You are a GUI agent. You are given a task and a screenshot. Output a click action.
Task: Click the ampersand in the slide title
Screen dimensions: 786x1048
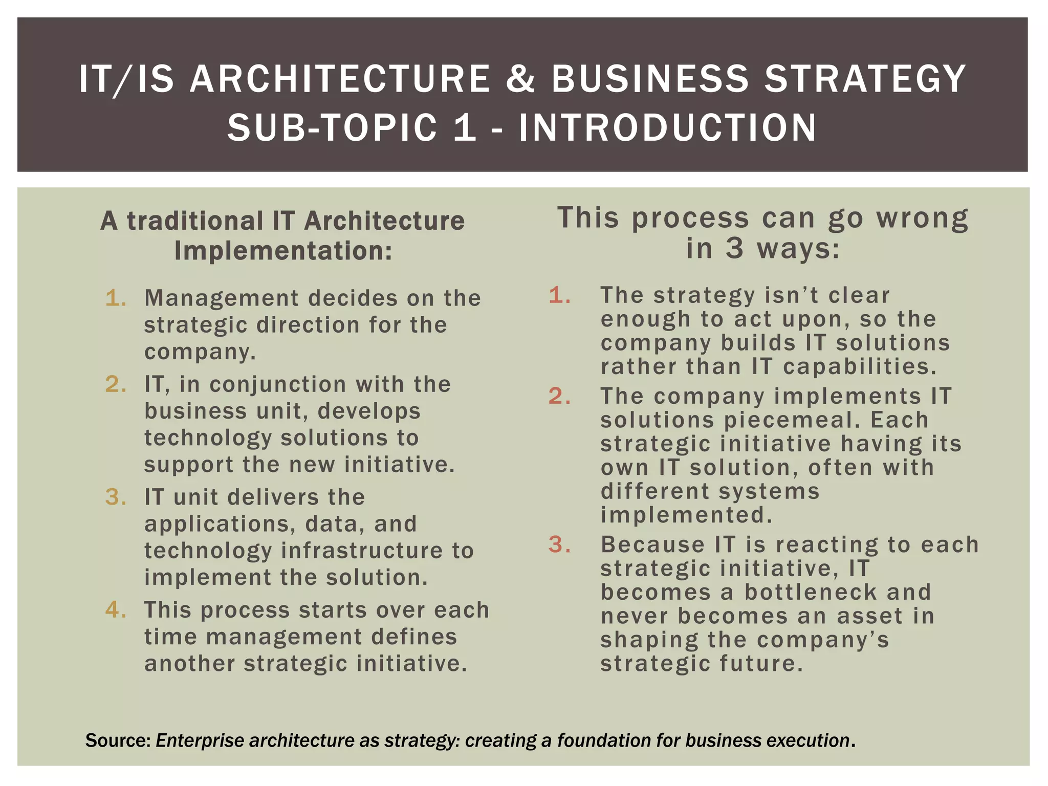click(x=521, y=79)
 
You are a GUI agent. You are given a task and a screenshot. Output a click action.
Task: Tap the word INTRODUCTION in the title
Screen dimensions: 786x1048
click(x=668, y=127)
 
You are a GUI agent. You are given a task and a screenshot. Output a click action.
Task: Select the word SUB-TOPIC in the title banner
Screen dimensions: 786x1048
click(x=332, y=127)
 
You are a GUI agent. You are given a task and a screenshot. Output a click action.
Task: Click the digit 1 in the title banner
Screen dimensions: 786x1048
click(x=465, y=127)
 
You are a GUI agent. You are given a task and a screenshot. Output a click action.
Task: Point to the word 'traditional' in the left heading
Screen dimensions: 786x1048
click(x=195, y=221)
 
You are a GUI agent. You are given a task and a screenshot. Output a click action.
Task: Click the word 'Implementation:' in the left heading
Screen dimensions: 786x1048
click(x=283, y=251)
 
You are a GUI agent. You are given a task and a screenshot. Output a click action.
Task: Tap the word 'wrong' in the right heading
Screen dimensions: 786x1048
click(x=922, y=219)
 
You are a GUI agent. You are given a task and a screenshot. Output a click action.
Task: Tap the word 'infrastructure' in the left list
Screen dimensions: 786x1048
click(x=362, y=551)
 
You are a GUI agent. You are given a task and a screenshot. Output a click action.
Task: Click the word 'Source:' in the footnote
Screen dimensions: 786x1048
click(x=118, y=740)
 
